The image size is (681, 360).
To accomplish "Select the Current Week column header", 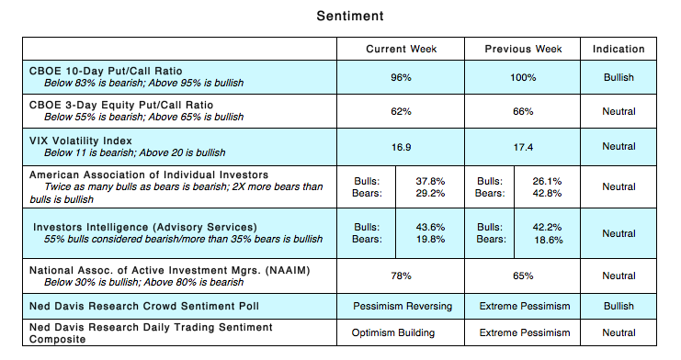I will point(401,49).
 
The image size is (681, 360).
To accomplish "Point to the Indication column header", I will point(619,49).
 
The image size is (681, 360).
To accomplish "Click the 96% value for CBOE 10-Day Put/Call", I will point(401,78).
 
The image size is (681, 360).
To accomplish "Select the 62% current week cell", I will point(401,112).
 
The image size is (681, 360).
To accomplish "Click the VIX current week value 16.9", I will point(401,146).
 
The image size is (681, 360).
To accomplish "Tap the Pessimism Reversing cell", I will point(401,306).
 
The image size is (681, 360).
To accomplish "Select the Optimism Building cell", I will point(401,332).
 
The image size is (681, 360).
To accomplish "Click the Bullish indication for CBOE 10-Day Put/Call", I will point(619,78).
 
